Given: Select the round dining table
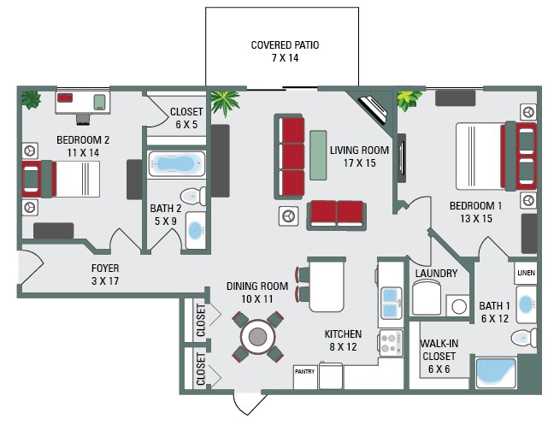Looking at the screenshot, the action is pyautogui.click(x=257, y=336).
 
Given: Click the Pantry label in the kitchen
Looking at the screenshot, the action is pyautogui.click(x=304, y=371).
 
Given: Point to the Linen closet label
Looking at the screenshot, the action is pyautogui.click(x=526, y=273).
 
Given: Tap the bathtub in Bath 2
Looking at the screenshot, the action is pyautogui.click(x=177, y=163).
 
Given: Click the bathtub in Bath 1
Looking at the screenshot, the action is pyautogui.click(x=496, y=370).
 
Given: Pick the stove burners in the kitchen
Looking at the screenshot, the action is pyautogui.click(x=391, y=343).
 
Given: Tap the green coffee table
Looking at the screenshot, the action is pyautogui.click(x=318, y=154).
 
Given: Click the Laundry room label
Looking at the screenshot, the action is pyautogui.click(x=436, y=274).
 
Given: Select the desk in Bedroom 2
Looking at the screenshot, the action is pyautogui.click(x=83, y=102).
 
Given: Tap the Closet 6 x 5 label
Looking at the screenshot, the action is pyautogui.click(x=186, y=117).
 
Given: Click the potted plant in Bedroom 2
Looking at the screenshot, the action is pyautogui.click(x=32, y=98).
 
